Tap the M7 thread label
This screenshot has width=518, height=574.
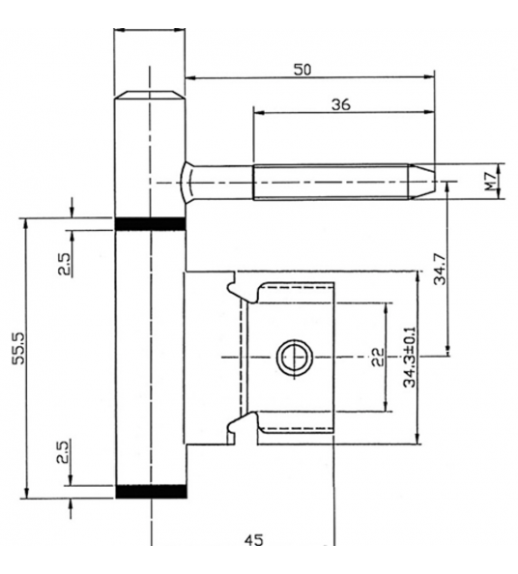(492, 180)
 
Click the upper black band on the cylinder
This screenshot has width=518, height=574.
(149, 224)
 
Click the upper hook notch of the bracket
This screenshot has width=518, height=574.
(234, 287)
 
